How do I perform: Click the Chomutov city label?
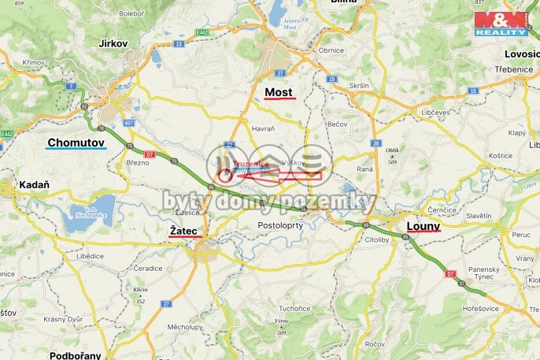point(76,143)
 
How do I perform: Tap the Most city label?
point(279,92)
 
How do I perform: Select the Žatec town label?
point(185,230)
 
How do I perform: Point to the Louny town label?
point(423,226)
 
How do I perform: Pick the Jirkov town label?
point(113,43)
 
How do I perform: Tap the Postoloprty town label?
point(281,225)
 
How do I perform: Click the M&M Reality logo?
point(499,24)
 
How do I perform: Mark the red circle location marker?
point(225,175)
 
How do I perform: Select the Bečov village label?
point(336,124)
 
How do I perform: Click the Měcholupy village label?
point(186,326)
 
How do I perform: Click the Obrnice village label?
point(331,50)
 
